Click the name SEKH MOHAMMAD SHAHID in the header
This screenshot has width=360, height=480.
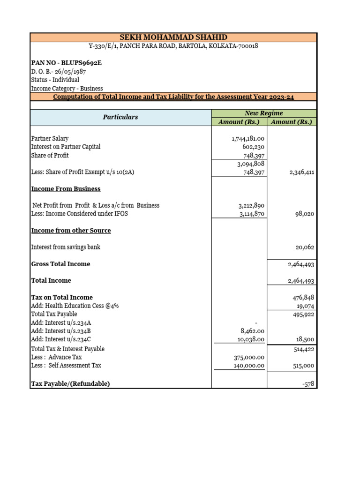[x=173, y=37]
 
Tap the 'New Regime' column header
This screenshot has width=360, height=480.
[x=264, y=113]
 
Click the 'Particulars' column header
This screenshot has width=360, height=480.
[x=120, y=117]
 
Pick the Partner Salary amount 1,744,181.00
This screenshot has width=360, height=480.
[x=248, y=139]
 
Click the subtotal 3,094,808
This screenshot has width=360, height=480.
[x=251, y=164]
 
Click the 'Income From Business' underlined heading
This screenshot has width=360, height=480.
[x=66, y=189]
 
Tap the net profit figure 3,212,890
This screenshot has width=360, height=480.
[x=252, y=205]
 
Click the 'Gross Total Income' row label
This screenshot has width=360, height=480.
[x=60, y=264]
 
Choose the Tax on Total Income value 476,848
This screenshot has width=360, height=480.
[x=303, y=297]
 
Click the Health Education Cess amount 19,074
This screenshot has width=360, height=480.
[x=305, y=306]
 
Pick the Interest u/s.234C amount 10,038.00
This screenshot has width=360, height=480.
[x=251, y=339]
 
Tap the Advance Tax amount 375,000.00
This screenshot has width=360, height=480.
[x=249, y=357]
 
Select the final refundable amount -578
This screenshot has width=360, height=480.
[x=308, y=384]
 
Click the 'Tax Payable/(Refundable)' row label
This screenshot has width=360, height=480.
[x=70, y=384]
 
